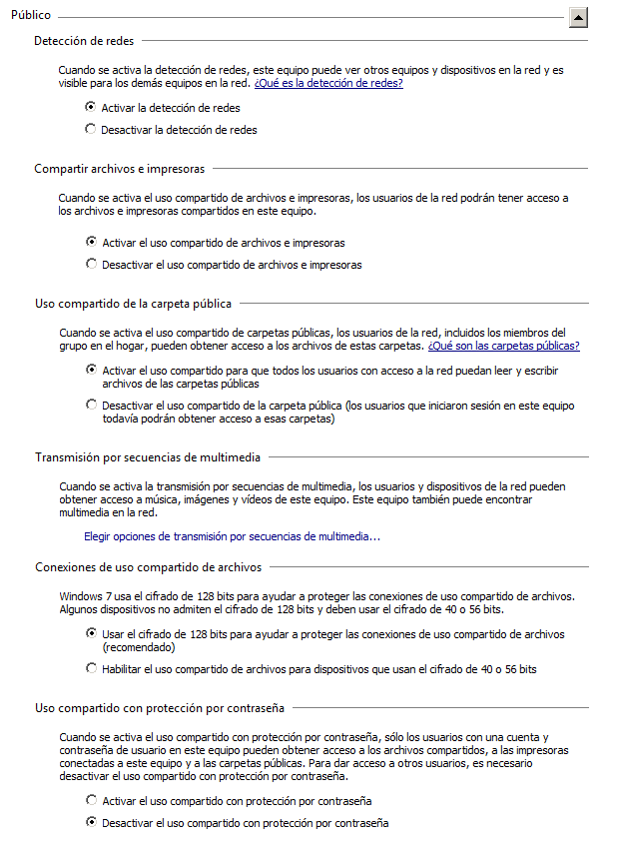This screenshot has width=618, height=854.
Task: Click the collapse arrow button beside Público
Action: (x=578, y=17)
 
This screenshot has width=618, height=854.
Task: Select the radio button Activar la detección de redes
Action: (x=92, y=107)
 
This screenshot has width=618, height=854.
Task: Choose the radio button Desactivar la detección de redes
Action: (x=92, y=129)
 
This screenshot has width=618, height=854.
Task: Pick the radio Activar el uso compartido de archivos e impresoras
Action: (x=92, y=242)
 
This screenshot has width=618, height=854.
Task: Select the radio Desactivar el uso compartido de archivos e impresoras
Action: (x=92, y=265)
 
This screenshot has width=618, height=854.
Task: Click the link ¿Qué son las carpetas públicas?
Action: (x=503, y=346)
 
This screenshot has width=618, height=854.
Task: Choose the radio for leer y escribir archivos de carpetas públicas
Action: (x=92, y=370)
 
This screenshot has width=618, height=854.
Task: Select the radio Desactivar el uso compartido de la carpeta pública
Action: (x=92, y=406)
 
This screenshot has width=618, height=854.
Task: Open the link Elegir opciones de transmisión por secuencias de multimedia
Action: (x=232, y=536)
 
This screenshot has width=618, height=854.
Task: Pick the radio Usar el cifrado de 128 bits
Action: (x=92, y=633)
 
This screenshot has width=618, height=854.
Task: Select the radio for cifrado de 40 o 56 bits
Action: (x=92, y=668)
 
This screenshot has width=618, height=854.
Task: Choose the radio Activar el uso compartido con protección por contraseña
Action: (x=92, y=800)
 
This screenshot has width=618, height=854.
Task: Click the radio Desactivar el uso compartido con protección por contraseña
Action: (x=92, y=823)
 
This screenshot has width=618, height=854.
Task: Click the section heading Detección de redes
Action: (x=84, y=41)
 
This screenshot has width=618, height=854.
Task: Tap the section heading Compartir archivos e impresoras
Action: (x=119, y=169)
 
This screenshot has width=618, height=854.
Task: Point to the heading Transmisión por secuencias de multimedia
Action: (x=147, y=457)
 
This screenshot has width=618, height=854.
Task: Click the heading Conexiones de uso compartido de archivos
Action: (x=148, y=566)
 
